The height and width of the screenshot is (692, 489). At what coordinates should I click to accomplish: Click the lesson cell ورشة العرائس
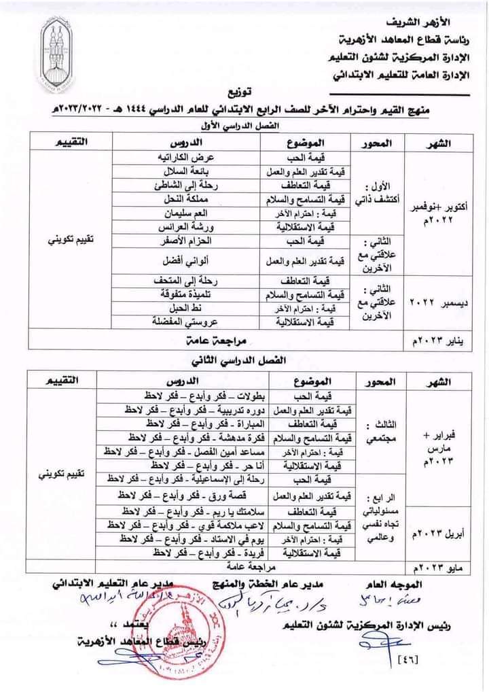tap(180, 228)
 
